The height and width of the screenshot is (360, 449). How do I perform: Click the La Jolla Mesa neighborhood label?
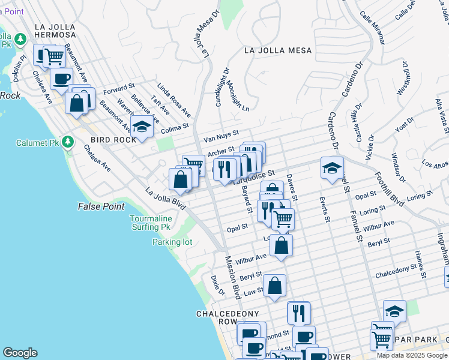278,51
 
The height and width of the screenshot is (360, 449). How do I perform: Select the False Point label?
101,206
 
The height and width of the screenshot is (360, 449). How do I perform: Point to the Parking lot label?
172,242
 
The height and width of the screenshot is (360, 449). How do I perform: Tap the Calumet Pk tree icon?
68,142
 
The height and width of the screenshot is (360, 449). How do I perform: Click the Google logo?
20,353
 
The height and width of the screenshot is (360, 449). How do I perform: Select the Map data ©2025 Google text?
412,355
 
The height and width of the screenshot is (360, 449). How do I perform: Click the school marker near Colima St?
142,127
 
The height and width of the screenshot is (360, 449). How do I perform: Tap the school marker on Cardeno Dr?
331,169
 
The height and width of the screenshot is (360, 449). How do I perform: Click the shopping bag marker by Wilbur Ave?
281,245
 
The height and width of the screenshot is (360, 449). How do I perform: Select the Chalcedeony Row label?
220,317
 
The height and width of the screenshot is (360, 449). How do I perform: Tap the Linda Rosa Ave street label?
174,101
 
